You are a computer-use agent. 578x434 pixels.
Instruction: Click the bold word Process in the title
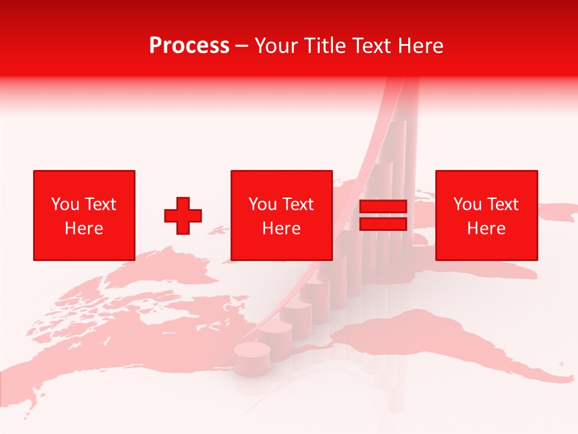tap(189, 45)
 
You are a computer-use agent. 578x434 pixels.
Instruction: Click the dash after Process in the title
tap(242, 46)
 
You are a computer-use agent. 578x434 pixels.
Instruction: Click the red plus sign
tap(183, 215)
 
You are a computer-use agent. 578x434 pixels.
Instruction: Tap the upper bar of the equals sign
tap(383, 207)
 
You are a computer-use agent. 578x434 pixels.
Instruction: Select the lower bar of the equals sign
tap(383, 224)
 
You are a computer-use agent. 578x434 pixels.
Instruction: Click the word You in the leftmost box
tap(65, 204)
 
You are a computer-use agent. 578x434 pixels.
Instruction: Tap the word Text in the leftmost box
tap(100, 204)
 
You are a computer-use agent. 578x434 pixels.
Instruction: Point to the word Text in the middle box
tap(297, 204)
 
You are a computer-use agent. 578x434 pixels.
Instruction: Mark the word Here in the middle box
tap(282, 228)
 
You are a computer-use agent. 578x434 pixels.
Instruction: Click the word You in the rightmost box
tap(467, 204)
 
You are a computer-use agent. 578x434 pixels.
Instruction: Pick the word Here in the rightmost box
tap(486, 228)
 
